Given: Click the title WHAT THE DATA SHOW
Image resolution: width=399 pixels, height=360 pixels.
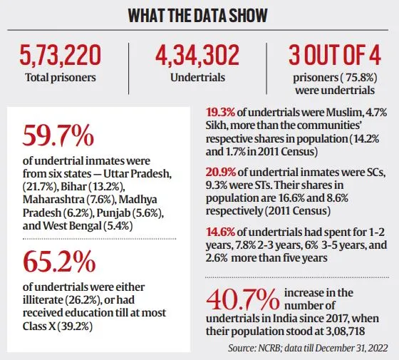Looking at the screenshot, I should tap(199, 16).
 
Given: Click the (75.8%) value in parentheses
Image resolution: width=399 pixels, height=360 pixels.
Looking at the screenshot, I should tap(333, 76).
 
